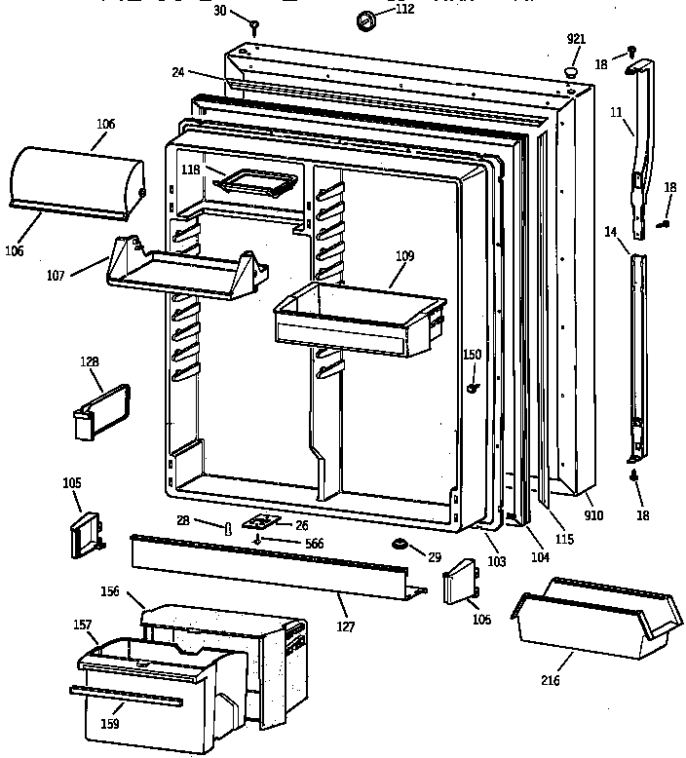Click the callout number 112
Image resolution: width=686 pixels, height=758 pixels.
coord(404,9)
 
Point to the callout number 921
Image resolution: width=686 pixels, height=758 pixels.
coord(577,39)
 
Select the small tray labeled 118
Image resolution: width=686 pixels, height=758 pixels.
coord(255,182)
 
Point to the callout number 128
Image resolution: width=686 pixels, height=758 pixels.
coord(91,362)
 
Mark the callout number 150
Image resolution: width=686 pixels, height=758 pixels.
coord(472,355)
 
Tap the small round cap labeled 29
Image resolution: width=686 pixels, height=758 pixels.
coord(399,542)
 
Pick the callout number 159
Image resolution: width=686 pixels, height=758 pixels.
coord(111,725)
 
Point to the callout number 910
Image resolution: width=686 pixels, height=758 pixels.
coord(593,515)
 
